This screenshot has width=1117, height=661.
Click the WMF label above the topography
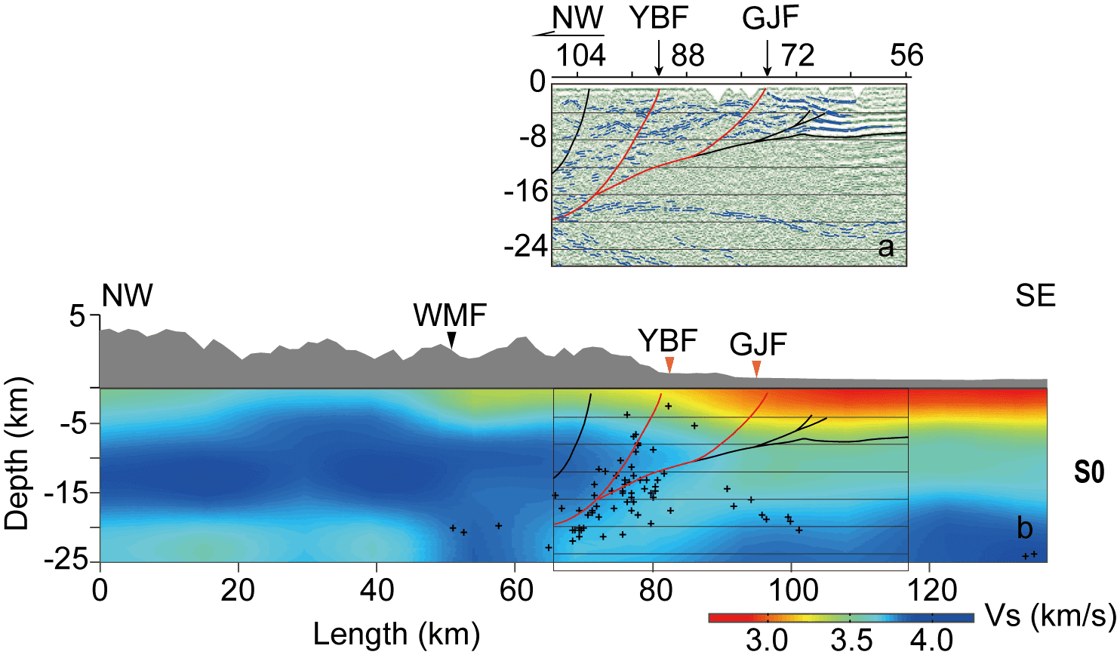pos(450,315)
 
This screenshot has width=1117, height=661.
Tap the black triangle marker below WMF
pos(451,340)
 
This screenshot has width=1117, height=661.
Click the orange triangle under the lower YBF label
pos(669,365)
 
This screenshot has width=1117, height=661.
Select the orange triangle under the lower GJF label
pos(757,368)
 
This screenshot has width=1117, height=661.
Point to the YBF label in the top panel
pos(659,18)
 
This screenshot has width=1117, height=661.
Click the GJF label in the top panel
pos(770,18)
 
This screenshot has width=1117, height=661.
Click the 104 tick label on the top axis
pos(580,56)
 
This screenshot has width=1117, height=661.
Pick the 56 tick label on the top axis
pos(906,56)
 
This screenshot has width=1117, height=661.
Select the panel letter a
pos(886,247)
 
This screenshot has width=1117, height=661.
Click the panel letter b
pos(1024,528)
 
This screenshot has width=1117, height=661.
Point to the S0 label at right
pos(1089,472)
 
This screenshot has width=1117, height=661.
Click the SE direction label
pos(1035,296)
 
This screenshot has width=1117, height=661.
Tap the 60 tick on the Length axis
pos(515,590)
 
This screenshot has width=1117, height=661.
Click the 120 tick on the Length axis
pos(929,590)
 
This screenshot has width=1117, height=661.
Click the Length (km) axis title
pos(396,635)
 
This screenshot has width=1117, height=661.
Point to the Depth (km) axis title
pos(17,453)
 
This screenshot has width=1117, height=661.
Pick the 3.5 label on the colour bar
pos(851,641)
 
